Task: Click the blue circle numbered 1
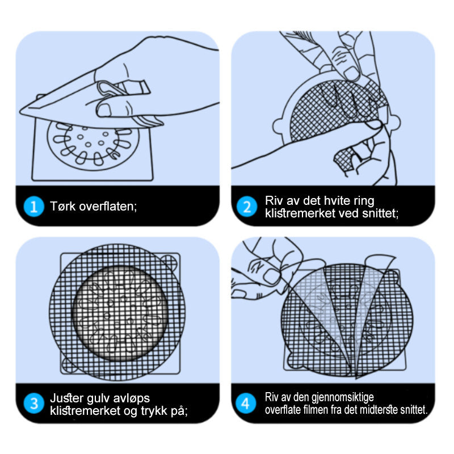34,207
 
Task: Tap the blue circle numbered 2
247,207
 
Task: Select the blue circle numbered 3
34,403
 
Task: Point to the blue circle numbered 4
246,403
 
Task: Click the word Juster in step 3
67,398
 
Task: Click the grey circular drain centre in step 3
120,313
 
